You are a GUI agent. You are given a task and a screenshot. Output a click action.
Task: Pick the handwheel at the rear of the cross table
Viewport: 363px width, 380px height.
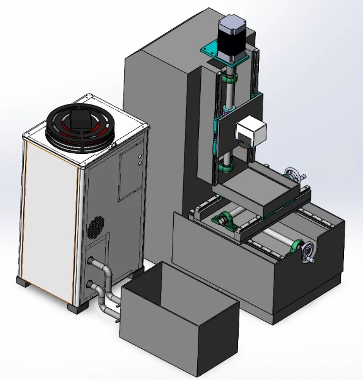pos(296,175)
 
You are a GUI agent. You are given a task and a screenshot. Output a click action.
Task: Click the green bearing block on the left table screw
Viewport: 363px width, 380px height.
pos(224,218)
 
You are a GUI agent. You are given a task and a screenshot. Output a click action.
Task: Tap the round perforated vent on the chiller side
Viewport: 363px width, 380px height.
pos(95,226)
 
